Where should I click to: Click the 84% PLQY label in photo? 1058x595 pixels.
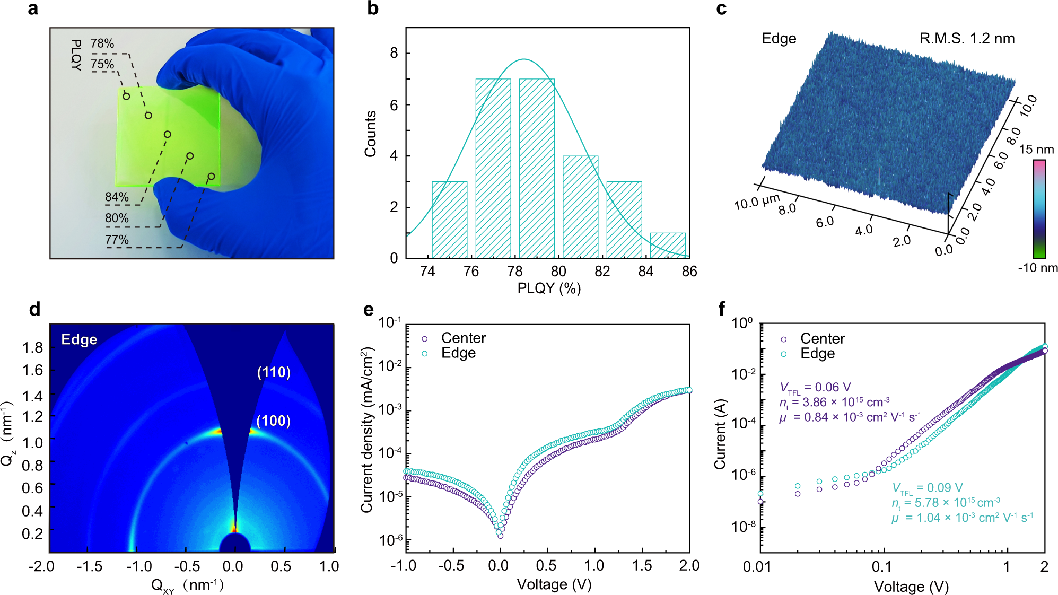117,197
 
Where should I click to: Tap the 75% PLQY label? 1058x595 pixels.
102,64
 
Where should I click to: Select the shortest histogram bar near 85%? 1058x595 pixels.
668,246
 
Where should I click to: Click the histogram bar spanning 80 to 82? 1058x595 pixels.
580,207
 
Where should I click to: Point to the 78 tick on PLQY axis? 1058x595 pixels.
514,272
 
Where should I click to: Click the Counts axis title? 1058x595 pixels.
370,134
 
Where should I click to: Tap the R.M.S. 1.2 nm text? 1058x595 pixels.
967,38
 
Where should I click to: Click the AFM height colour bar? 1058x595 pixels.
1039,208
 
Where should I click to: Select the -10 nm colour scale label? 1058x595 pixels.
1037,268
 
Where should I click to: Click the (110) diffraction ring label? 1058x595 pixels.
274,372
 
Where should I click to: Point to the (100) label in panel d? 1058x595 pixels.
273,421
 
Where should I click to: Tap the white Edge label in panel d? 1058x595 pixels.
79,339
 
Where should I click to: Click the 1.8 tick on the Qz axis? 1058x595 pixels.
33,347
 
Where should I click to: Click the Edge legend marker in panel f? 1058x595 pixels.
783,354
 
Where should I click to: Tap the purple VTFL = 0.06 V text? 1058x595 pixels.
815,388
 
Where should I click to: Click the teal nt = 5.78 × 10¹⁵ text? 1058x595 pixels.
946,503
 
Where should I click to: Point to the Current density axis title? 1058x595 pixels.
367,430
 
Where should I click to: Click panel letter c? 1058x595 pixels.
721,9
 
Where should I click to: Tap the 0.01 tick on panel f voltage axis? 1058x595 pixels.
757,567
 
